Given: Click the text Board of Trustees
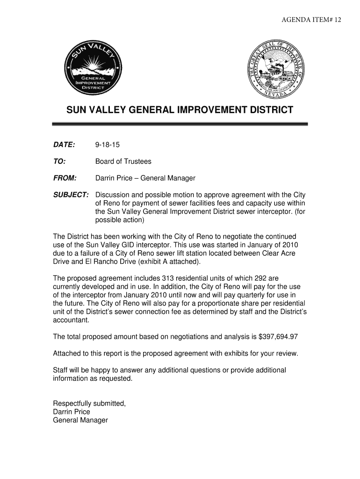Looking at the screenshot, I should (123, 161).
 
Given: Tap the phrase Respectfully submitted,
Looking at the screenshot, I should (89, 403).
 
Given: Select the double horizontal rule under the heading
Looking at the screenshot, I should (180, 124).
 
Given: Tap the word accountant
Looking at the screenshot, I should (70, 320).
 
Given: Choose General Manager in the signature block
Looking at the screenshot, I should (80, 420).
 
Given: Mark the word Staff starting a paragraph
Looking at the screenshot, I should (61, 370).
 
